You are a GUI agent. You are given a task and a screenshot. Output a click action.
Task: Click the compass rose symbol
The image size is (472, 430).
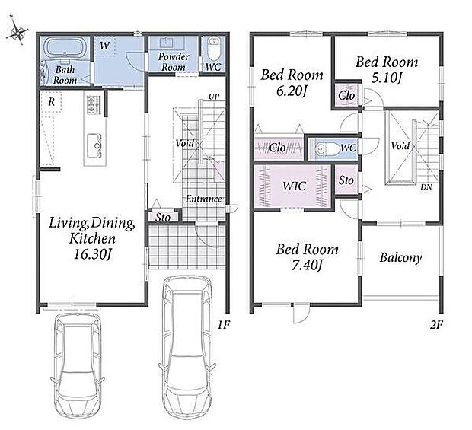(18, 31)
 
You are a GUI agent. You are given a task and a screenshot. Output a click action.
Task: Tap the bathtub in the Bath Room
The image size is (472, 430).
(65, 48)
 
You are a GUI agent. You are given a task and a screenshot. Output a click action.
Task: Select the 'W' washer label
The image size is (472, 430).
(104, 46)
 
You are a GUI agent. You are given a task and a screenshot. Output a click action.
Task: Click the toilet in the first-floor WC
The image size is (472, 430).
(214, 50)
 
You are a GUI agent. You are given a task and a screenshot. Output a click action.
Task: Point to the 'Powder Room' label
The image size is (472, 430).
(174, 62)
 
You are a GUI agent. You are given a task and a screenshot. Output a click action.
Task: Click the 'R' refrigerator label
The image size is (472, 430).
(52, 102)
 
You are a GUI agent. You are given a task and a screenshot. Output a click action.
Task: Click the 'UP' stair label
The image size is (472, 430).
(215, 97)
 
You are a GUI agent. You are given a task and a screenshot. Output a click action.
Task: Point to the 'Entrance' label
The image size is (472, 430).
(203, 199)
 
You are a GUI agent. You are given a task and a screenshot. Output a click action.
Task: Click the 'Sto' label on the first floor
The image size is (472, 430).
(163, 217)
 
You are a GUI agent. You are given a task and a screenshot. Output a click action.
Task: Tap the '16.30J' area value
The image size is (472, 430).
(93, 254)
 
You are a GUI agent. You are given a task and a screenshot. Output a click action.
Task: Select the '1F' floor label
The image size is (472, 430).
(224, 325)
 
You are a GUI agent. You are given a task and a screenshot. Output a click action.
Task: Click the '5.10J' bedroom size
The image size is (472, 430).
(387, 78)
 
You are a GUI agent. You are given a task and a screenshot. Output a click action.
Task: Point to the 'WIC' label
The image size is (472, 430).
(294, 186)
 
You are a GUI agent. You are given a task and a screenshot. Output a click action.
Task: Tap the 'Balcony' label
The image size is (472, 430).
(400, 258)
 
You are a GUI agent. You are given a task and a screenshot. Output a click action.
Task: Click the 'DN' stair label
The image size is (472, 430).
(426, 187)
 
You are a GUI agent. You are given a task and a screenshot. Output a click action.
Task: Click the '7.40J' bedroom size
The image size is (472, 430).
(307, 266)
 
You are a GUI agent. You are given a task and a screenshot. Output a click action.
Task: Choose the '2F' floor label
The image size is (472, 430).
(436, 325)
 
